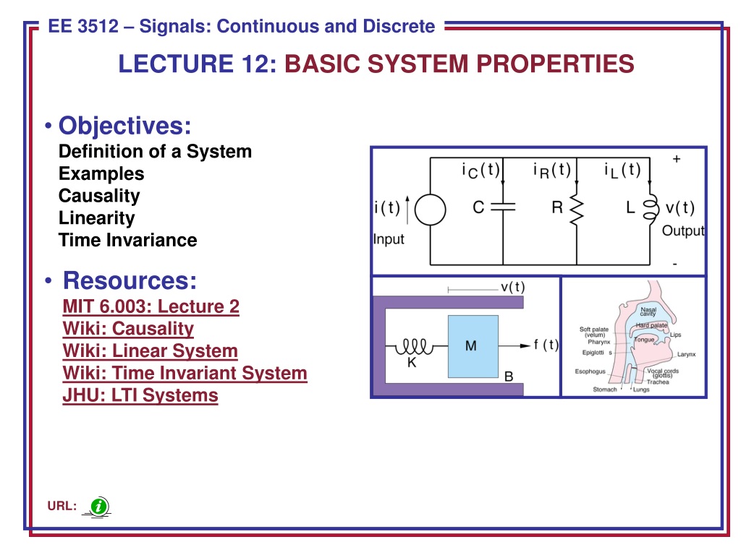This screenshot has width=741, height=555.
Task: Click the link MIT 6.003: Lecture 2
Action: click(151, 306)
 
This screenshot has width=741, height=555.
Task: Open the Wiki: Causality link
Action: click(128, 329)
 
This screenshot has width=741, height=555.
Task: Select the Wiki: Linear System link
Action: click(150, 351)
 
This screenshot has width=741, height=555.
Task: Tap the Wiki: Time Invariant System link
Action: click(185, 374)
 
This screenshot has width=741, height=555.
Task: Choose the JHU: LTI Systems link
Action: click(140, 396)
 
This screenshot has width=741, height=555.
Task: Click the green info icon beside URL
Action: click(99, 507)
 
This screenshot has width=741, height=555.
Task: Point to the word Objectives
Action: click(124, 126)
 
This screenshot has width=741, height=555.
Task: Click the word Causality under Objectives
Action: click(99, 196)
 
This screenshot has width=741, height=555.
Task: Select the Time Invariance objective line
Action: click(127, 240)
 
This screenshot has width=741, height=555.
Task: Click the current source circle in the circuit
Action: click(431, 210)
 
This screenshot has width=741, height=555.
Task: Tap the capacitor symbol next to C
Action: click(503, 207)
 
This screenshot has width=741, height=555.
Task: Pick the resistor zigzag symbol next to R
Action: click(577, 208)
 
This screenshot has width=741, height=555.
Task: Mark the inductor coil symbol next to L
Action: click(650, 208)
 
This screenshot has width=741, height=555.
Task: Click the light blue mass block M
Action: click(470, 346)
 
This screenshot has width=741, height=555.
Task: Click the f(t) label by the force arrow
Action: click(546, 345)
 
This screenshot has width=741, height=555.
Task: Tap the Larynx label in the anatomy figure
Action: click(686, 355)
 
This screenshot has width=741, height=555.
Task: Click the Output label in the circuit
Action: click(683, 231)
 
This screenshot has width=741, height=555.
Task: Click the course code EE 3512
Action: click(86, 27)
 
